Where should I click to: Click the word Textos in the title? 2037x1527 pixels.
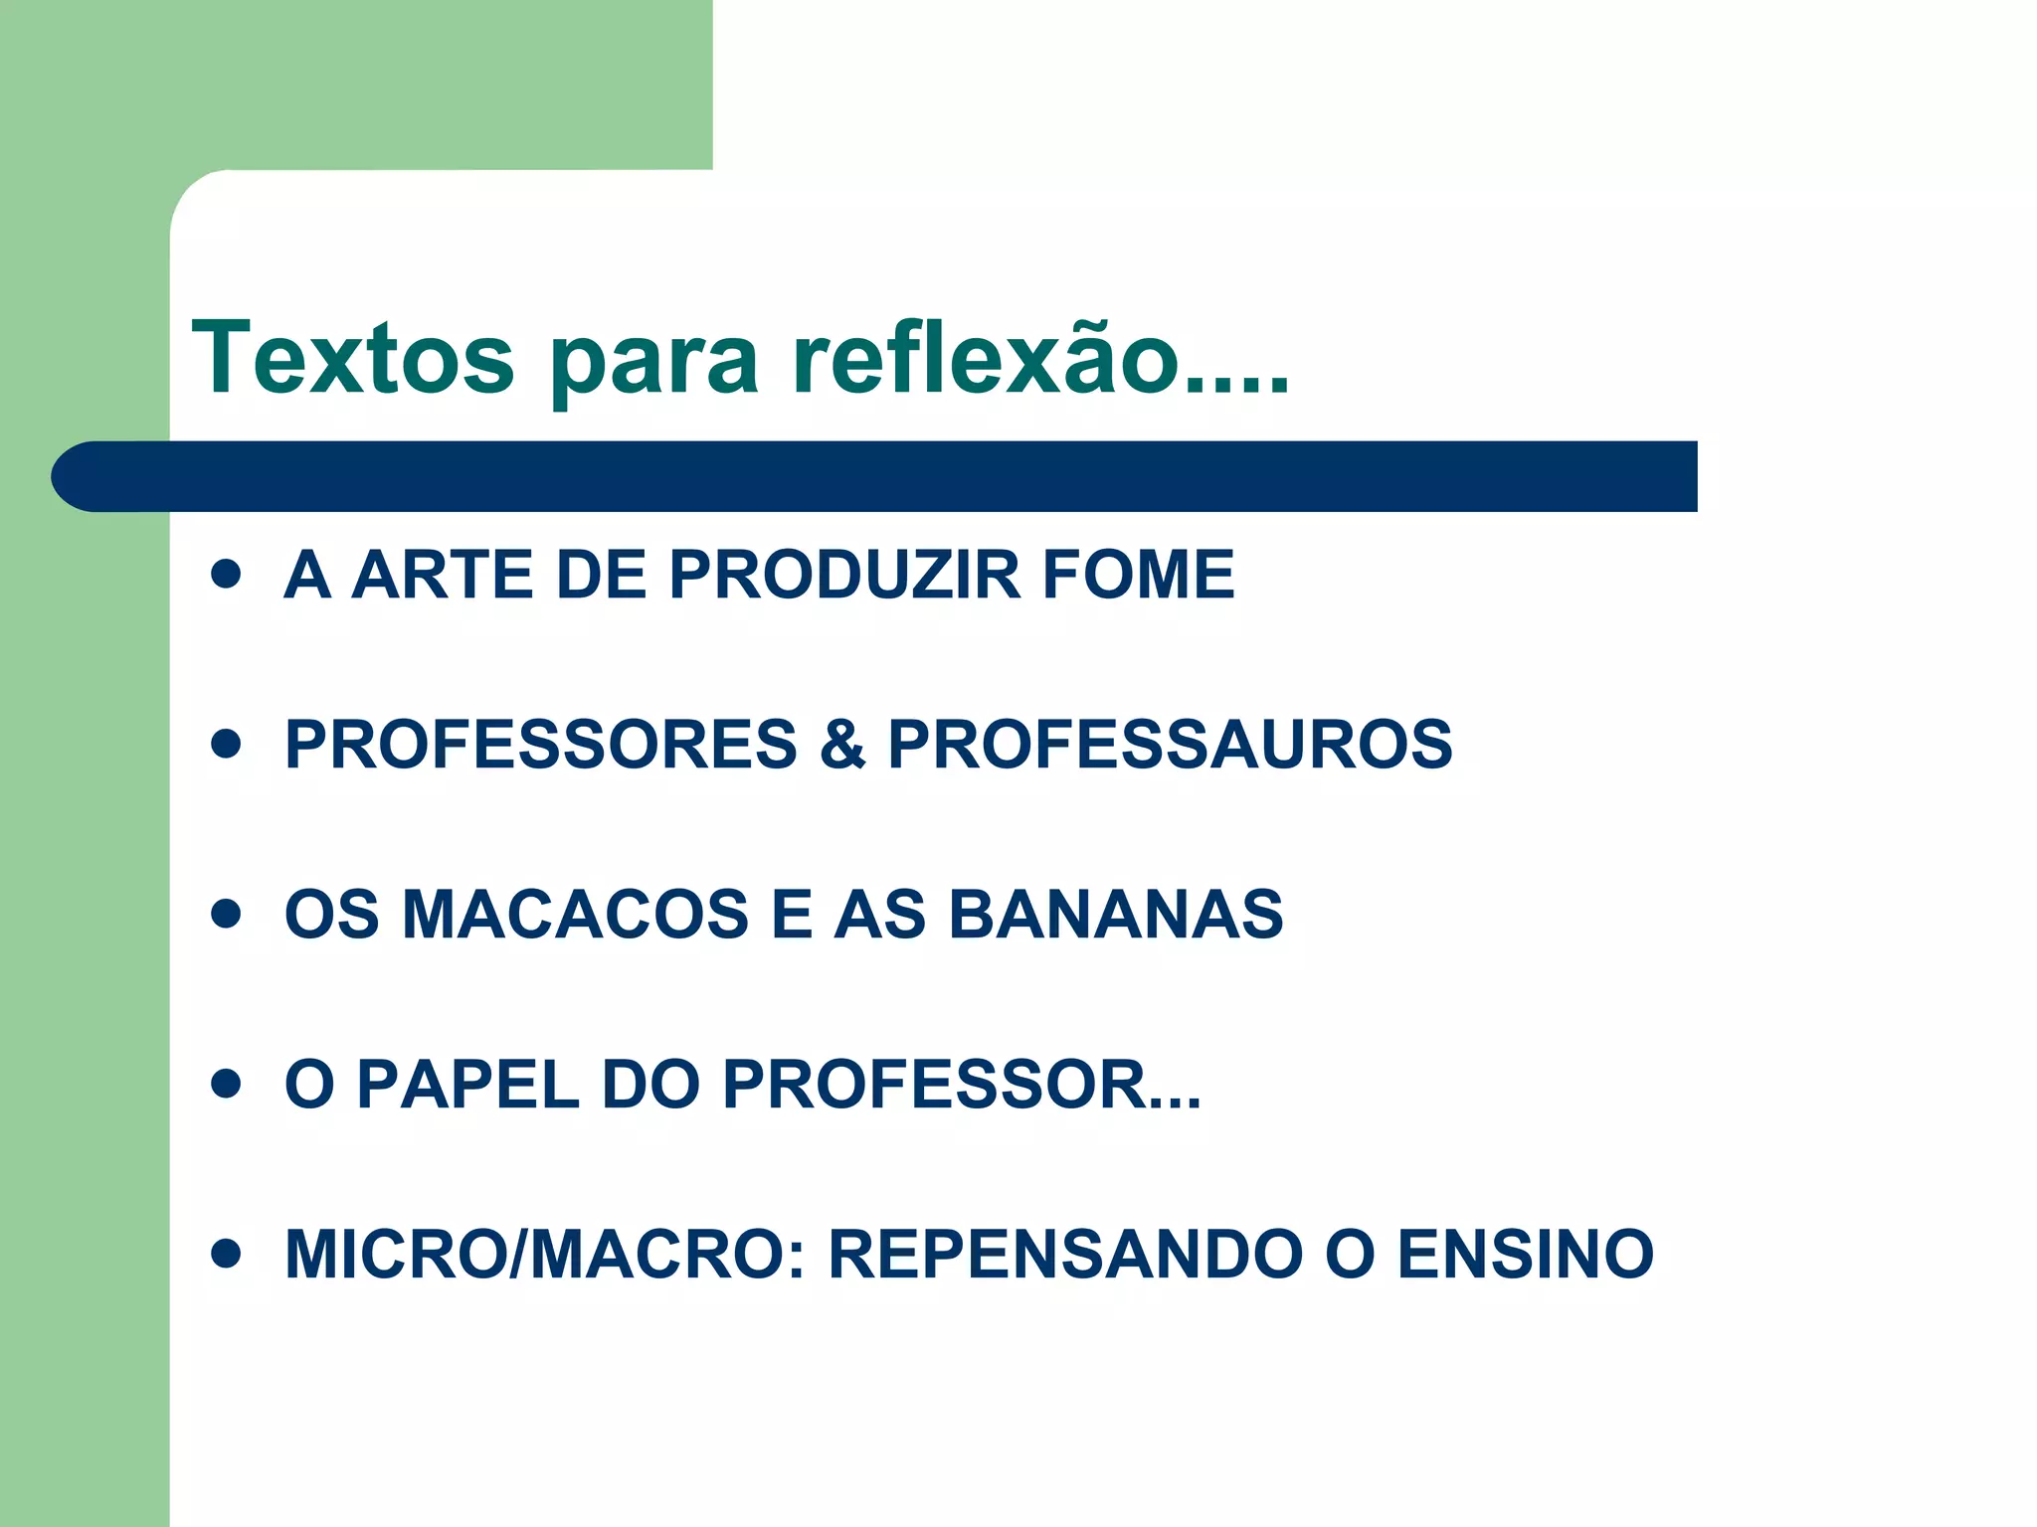[x=353, y=358]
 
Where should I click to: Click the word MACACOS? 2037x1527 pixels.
[x=575, y=914]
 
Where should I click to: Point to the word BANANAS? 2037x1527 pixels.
[x=1116, y=914]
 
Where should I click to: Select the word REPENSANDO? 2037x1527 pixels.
[x=1065, y=1254]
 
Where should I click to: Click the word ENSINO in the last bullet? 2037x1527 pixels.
[x=1526, y=1254]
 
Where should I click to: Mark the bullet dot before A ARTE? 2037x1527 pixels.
[x=227, y=574]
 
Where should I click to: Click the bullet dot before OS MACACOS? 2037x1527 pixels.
[x=227, y=914]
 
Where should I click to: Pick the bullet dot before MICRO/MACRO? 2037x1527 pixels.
[x=227, y=1254]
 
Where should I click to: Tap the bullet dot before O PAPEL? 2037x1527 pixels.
[x=227, y=1084]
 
